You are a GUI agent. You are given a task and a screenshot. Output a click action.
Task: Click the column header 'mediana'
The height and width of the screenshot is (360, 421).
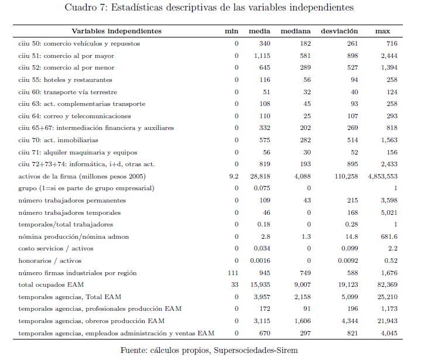(x=296, y=31)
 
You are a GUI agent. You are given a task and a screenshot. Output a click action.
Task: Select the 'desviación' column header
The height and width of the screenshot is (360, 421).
(x=340, y=31)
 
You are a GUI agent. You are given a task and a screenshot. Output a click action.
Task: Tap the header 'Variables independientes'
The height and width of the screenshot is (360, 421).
(x=117, y=31)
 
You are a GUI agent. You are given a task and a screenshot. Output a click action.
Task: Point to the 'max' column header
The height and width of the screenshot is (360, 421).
(x=383, y=31)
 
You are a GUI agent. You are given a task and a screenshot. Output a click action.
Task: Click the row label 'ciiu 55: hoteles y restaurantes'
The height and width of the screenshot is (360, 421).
(x=65, y=80)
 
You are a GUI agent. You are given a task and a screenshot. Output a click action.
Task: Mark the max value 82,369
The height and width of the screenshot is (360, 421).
(x=386, y=285)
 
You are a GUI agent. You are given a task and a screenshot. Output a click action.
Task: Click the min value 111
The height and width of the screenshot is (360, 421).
(x=232, y=273)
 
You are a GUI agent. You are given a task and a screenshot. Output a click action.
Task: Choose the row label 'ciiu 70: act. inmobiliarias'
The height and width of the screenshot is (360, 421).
(x=59, y=140)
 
